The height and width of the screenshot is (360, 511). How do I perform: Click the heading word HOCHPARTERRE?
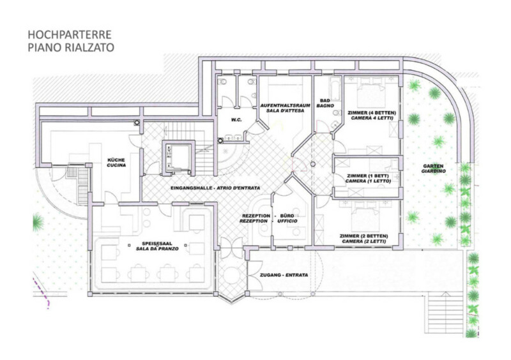coord(70,34)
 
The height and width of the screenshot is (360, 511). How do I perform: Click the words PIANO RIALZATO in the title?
coord(71,47)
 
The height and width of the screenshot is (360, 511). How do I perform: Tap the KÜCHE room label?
coord(116,160)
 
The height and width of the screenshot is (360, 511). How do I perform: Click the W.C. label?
coord(236,120)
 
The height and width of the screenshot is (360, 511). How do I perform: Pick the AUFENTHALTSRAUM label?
coord(282,105)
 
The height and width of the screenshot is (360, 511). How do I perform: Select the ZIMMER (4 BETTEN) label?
coord(372,113)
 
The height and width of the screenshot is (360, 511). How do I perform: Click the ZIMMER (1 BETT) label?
coord(368,176)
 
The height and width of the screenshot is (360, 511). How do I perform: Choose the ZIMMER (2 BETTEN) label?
coord(363,236)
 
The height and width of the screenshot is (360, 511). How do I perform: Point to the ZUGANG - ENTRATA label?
coord(284,275)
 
